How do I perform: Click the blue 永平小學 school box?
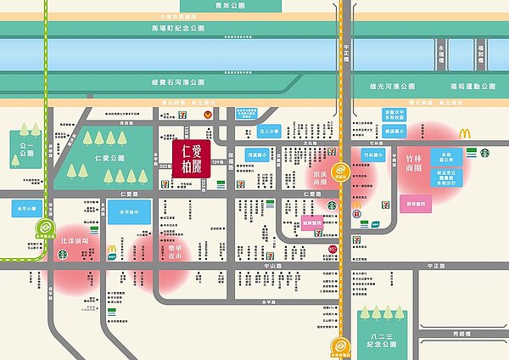(x=27, y=207)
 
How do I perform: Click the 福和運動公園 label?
(x=472, y=86)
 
